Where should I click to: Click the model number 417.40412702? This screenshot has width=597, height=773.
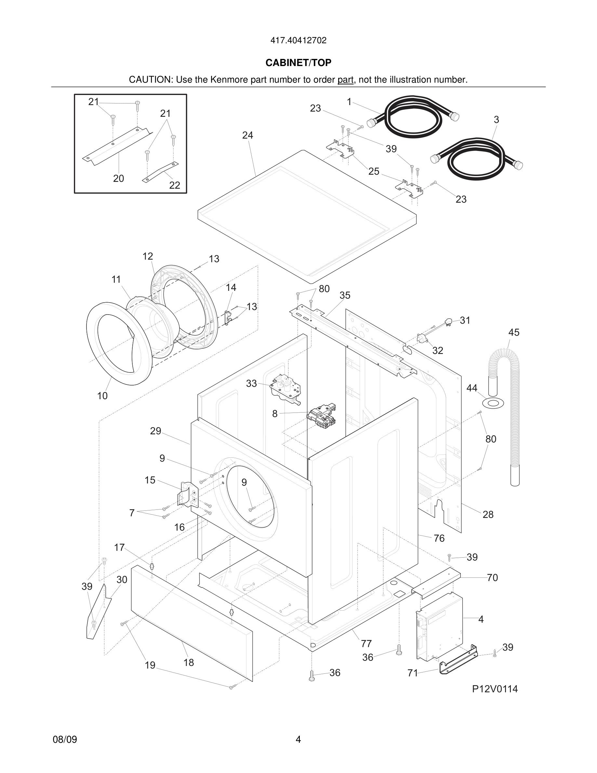298,41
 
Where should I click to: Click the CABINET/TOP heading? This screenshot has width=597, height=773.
298,63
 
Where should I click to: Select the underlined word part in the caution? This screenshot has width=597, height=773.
345,80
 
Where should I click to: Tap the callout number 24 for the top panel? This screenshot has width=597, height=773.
247,135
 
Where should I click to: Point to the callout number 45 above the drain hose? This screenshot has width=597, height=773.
513,332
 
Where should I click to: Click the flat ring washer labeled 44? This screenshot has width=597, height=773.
493,403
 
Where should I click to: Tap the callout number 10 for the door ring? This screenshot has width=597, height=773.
102,396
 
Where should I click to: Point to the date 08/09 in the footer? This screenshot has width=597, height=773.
65,739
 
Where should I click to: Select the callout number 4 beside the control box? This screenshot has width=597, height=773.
481,619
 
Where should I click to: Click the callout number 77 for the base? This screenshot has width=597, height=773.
366,644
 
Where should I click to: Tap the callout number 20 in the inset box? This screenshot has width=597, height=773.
118,178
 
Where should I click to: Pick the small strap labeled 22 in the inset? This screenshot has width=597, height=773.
161,172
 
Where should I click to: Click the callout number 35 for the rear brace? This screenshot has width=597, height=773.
345,295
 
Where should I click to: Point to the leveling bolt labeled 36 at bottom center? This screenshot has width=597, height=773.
312,676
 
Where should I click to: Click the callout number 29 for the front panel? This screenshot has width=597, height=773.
156,431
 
